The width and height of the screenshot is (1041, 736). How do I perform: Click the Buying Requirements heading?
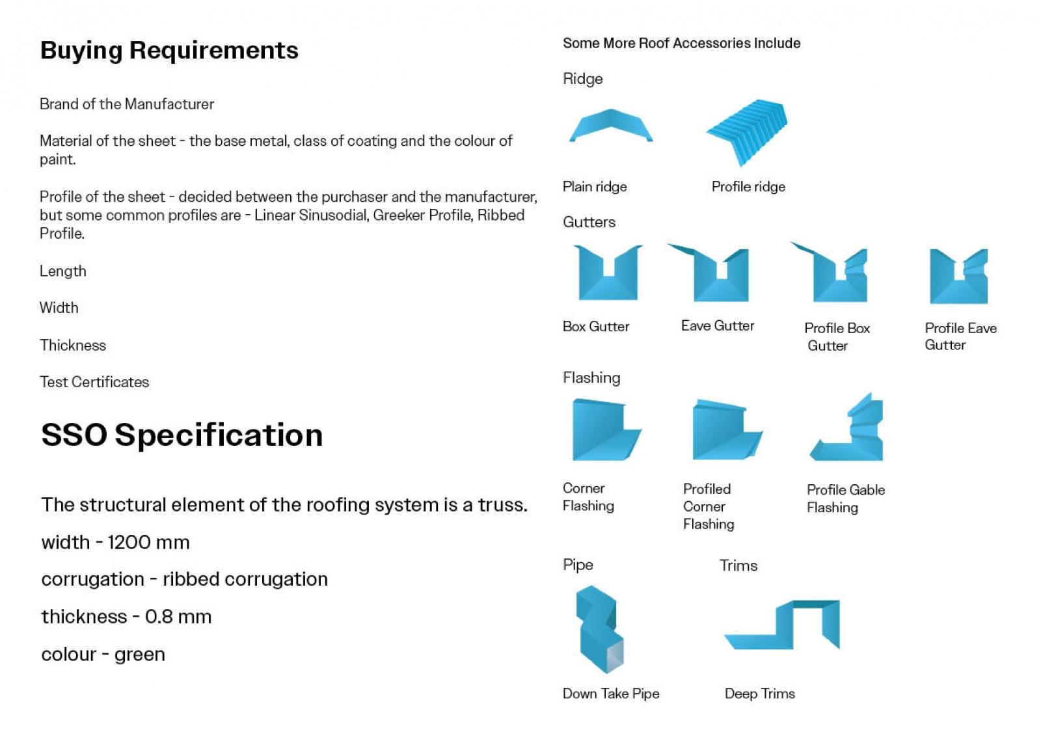pos(169,51)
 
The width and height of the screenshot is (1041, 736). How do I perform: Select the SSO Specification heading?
pos(182,435)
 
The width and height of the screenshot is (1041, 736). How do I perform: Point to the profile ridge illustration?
pos(748,131)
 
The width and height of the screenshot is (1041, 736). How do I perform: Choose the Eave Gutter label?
pos(718,326)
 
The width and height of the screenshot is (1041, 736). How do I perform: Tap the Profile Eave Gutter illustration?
pos(958,288)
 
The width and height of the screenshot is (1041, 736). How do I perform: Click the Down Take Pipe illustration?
pos(599,637)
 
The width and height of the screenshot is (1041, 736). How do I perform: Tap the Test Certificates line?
pos(94,382)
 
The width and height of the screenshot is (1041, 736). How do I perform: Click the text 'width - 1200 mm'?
pos(115,543)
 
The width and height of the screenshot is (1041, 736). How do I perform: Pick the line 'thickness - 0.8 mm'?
pos(126,617)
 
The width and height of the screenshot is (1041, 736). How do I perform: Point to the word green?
pos(139,655)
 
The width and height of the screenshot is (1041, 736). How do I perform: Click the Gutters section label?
pos(589,223)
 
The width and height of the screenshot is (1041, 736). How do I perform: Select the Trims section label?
pos(738,566)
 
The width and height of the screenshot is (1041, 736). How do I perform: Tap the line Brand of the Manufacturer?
pos(127,104)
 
